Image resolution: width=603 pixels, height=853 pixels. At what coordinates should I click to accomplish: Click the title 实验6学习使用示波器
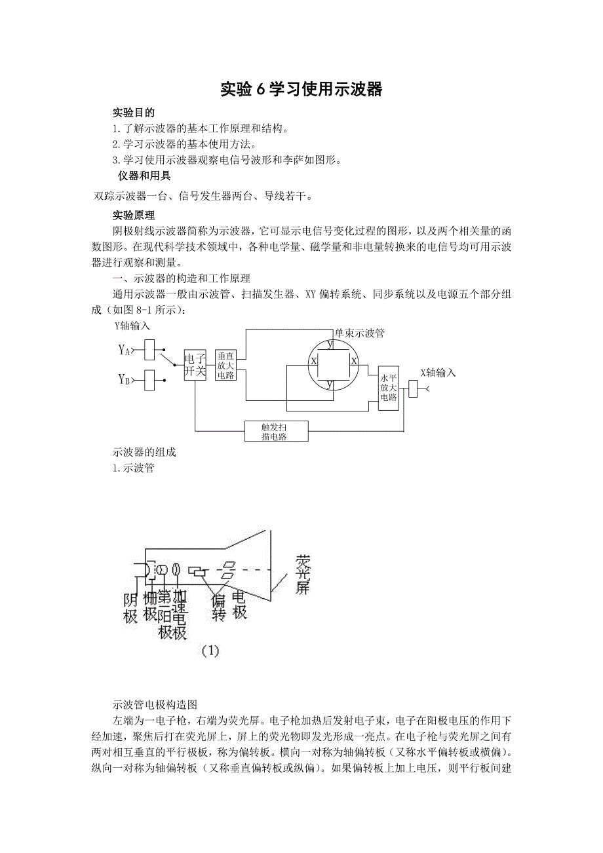(x=301, y=90)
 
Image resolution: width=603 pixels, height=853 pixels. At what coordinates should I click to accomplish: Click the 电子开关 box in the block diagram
(x=195, y=365)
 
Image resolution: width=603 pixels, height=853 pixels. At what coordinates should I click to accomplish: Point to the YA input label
(x=125, y=350)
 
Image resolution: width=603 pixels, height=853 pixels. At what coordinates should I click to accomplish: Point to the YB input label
(x=125, y=379)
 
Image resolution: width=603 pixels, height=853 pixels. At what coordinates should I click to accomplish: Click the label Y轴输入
(x=132, y=326)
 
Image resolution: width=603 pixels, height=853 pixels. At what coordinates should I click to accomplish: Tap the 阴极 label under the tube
(x=130, y=607)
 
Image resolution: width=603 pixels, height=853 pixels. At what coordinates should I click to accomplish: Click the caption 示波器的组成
(x=144, y=452)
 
